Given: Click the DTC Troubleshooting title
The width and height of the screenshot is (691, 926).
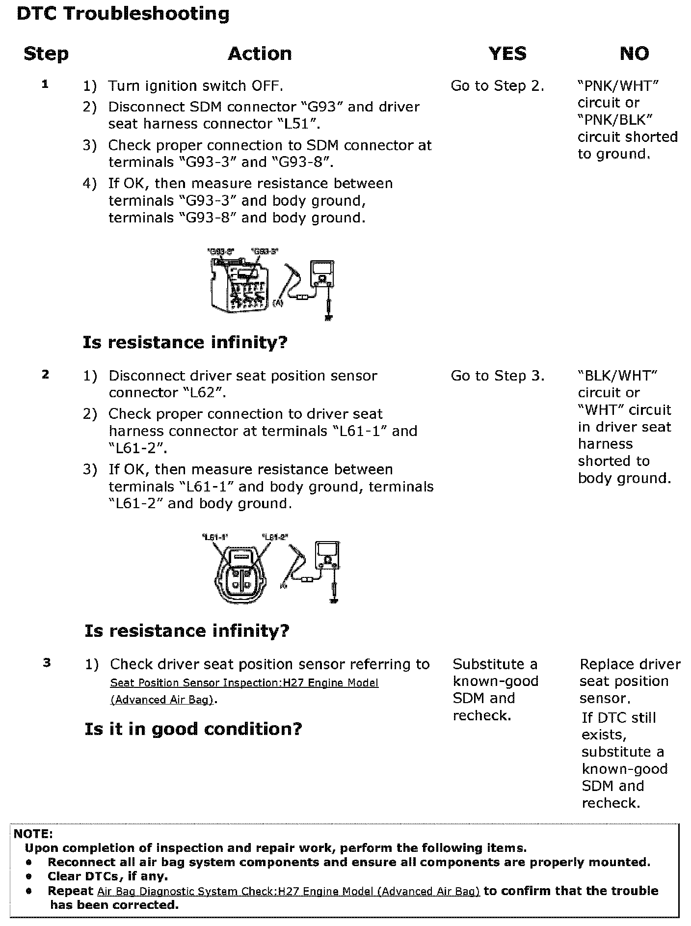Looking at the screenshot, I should point(123,14).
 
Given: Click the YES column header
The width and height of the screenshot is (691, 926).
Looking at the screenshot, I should point(507,53).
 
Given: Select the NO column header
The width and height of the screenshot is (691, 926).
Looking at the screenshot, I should point(634,53).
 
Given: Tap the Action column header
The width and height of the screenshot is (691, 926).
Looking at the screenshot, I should point(260,53).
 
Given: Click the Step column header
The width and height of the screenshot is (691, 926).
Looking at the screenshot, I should point(46,53).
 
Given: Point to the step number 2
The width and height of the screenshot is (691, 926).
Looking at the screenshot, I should point(46,375).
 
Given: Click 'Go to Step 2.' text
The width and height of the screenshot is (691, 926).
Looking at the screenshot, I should point(497,86).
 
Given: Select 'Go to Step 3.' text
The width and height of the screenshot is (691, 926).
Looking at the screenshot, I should point(497,376).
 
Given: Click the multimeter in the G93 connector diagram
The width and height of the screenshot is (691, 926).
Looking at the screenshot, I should point(321,275).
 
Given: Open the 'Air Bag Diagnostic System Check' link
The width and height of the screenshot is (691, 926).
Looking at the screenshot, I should point(288,891).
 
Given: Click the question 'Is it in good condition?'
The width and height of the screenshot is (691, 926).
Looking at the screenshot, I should point(193,729).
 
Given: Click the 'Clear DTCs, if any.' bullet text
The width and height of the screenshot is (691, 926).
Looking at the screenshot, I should point(107,876).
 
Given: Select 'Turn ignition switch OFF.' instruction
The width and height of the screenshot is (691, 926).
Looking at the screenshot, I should point(195,86).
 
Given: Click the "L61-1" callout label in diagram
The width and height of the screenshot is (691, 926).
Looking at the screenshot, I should point(215,537).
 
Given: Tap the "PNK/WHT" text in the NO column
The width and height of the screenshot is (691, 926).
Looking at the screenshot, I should point(618,86).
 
